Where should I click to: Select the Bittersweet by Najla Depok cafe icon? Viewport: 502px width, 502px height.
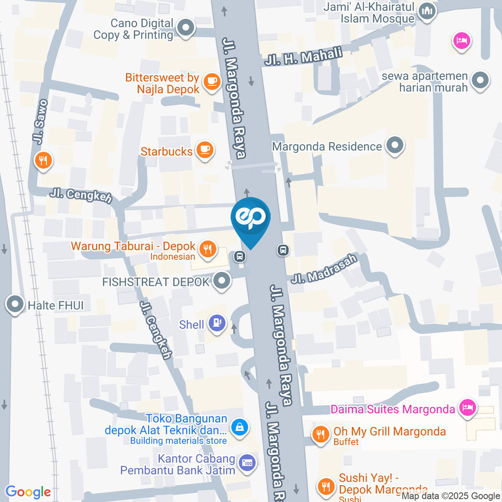[211, 81]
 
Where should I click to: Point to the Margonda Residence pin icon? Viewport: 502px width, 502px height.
[395, 146]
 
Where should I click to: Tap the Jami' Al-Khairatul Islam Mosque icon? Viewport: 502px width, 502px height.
[427, 12]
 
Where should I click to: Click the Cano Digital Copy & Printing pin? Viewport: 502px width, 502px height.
[185, 28]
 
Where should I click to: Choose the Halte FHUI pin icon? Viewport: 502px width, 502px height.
[15, 304]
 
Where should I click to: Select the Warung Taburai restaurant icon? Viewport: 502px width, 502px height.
[209, 249]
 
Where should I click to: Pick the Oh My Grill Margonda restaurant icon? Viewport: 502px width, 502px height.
[320, 433]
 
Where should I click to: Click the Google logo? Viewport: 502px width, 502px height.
[28, 492]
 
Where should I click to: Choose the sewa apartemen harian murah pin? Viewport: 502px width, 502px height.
[480, 81]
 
